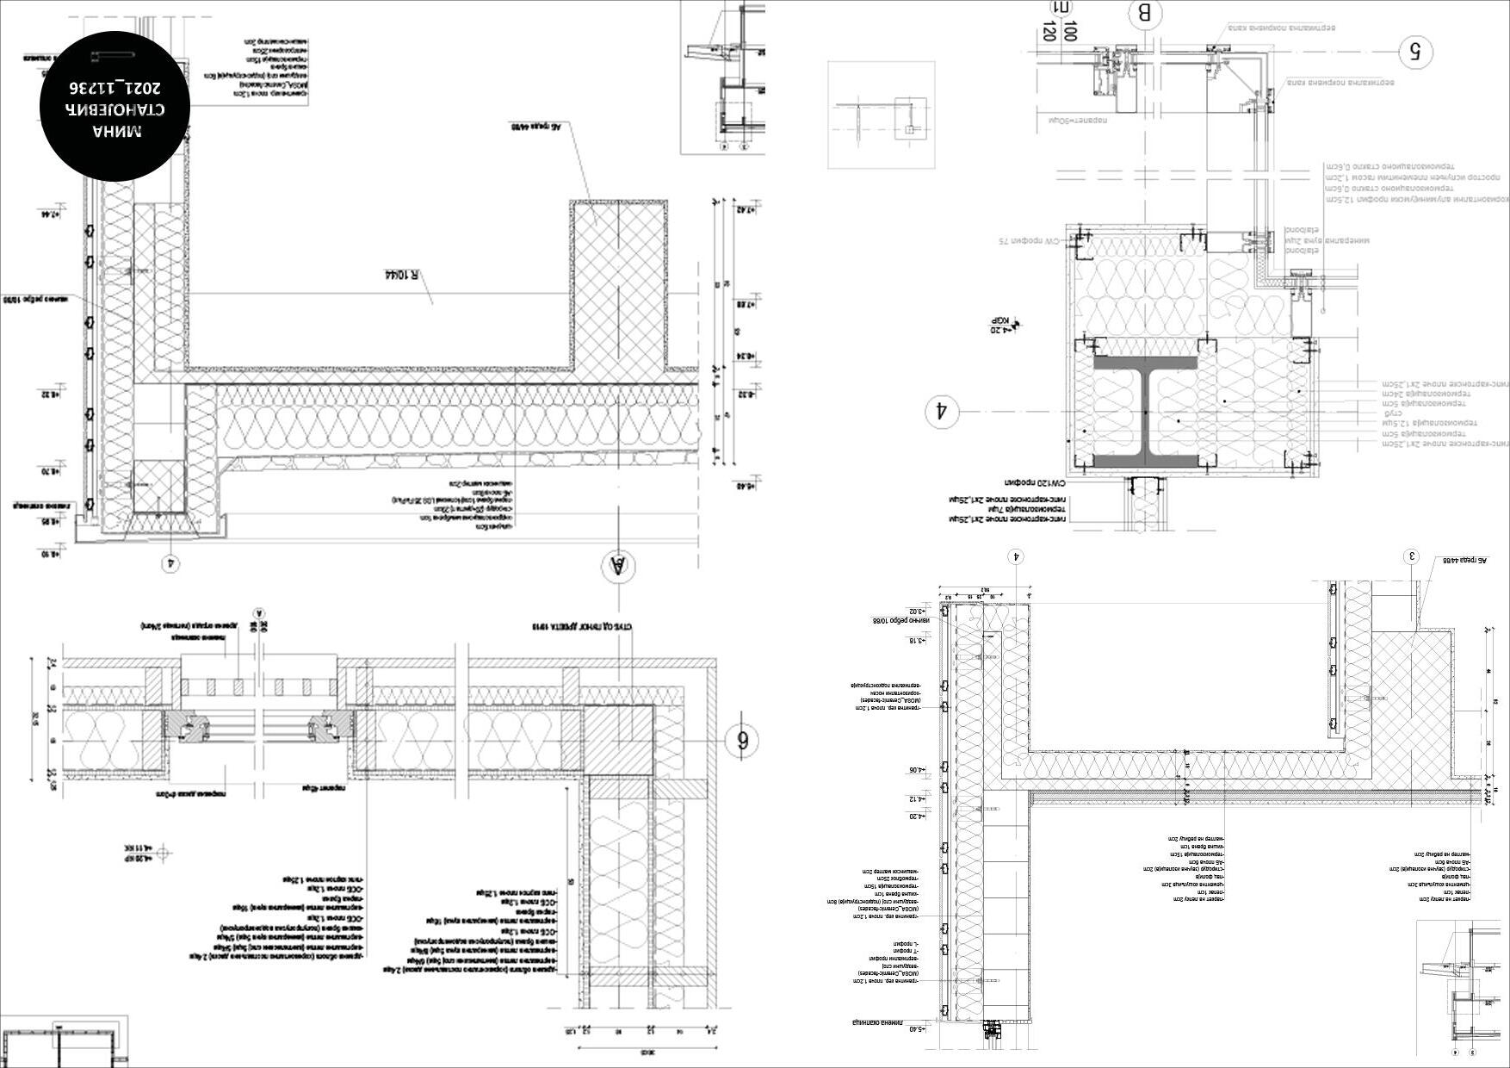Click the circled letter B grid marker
1144,15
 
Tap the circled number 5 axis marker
1414,53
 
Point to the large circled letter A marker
617,567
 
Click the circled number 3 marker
1412,556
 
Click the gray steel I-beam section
1146,413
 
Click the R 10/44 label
400,276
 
